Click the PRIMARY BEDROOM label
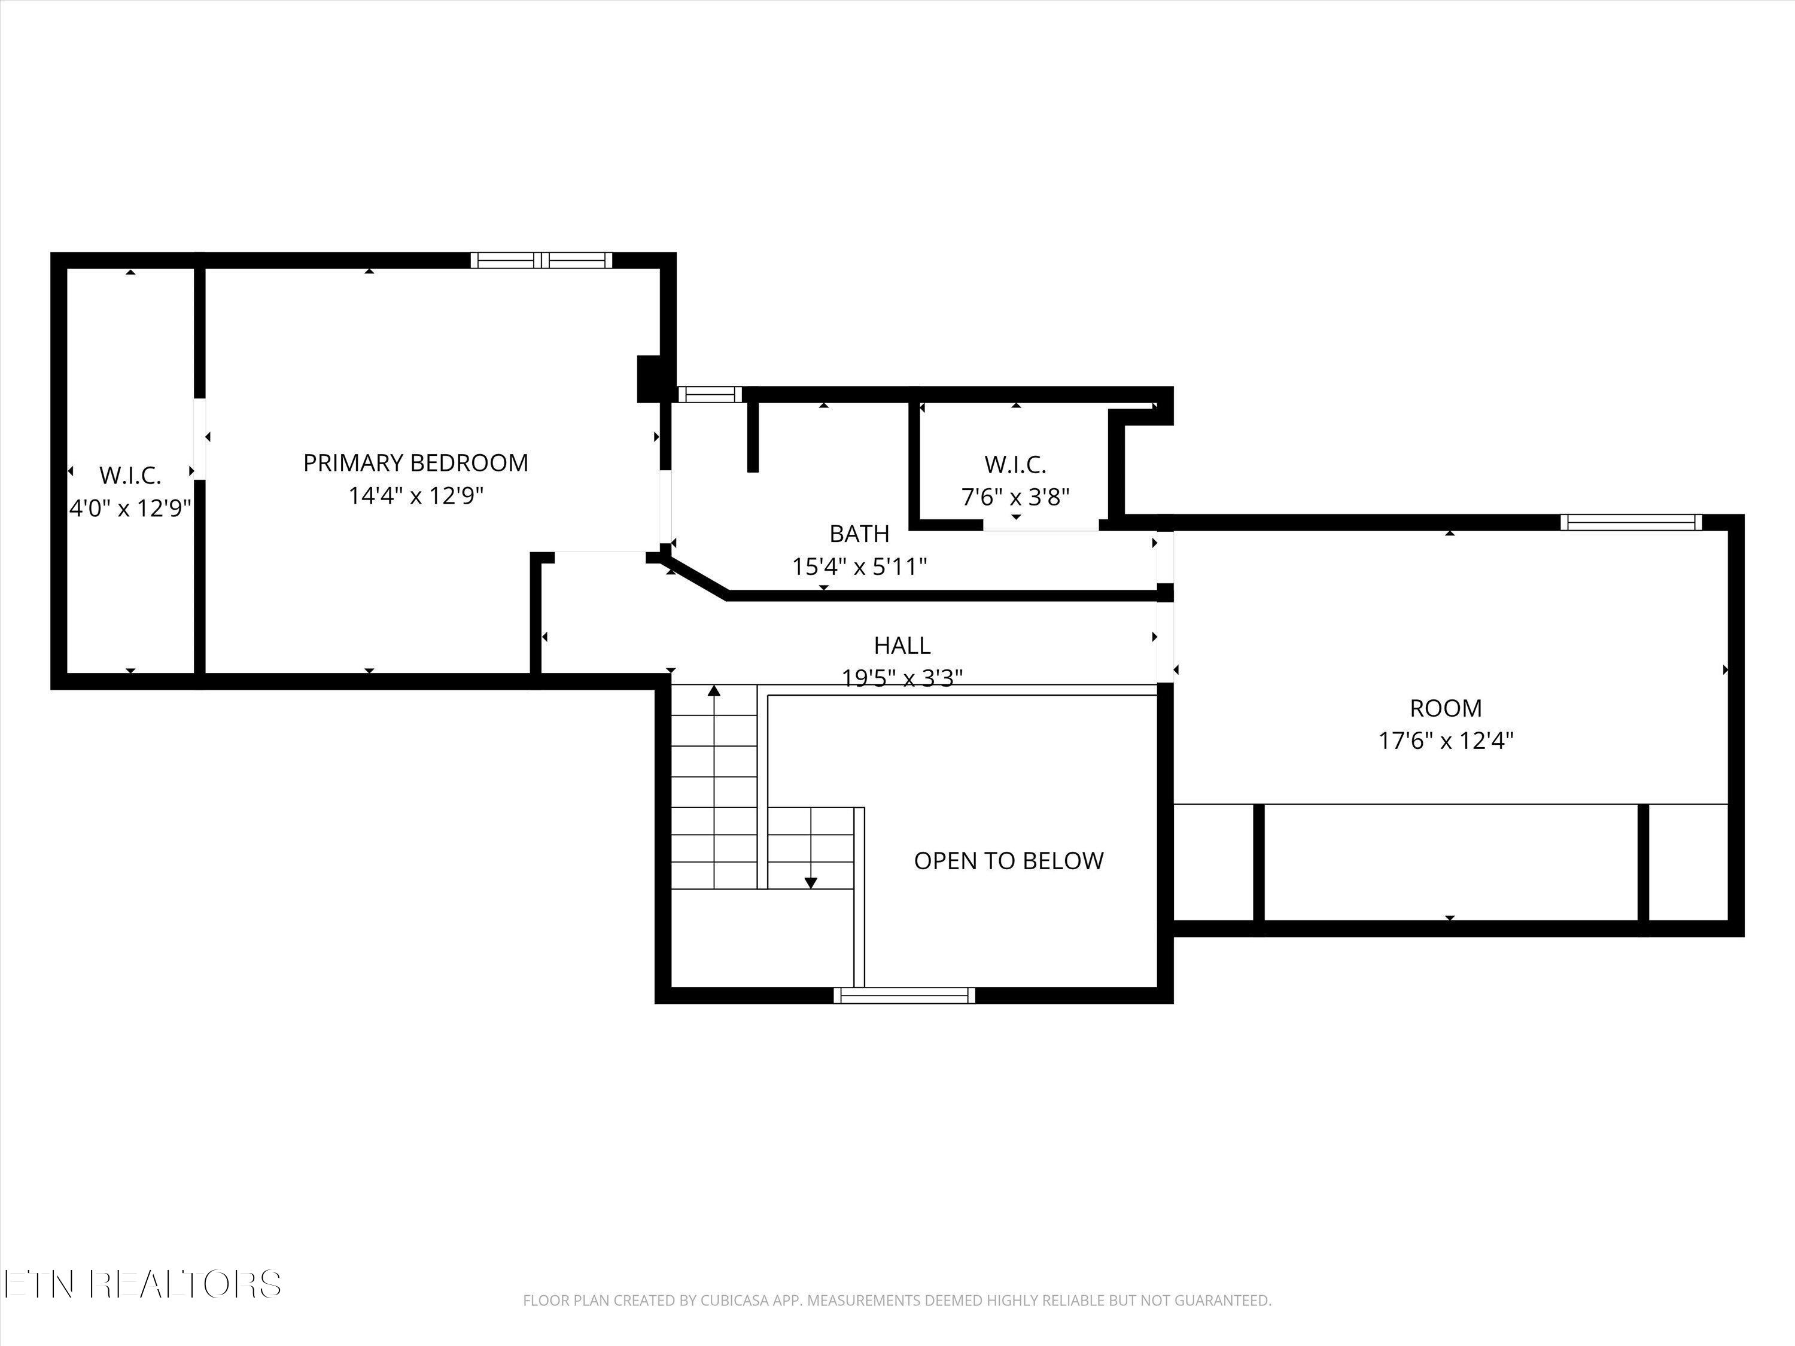(x=415, y=462)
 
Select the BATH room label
(x=859, y=534)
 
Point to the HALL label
(x=902, y=646)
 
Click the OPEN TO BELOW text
(x=1009, y=861)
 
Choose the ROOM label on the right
(x=1446, y=708)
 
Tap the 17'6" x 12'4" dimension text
(x=1446, y=741)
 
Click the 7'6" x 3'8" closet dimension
(x=1016, y=497)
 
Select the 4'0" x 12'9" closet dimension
(x=130, y=508)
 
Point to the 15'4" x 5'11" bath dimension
(x=859, y=567)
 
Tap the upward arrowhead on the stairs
(x=714, y=692)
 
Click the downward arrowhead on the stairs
(x=811, y=883)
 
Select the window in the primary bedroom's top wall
(x=541, y=260)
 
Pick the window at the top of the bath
(x=710, y=395)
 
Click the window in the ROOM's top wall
(x=1630, y=522)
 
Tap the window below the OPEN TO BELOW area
(x=904, y=995)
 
